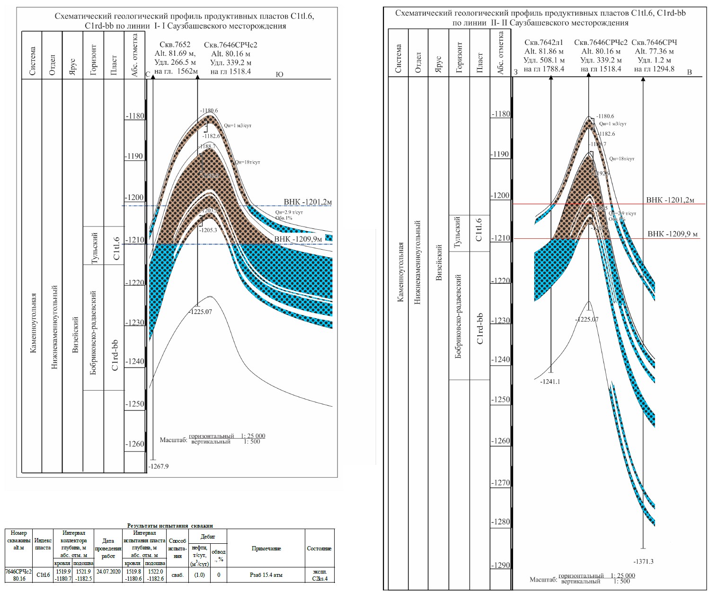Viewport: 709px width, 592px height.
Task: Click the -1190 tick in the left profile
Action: pyautogui.click(x=134, y=156)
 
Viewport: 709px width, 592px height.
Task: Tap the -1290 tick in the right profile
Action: pyautogui.click(x=501, y=565)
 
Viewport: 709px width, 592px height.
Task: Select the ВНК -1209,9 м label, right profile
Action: pyautogui.click(x=673, y=234)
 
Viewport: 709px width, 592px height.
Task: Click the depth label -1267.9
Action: pyautogui.click(x=159, y=466)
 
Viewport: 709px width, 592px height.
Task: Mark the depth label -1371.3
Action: pyautogui.click(x=643, y=561)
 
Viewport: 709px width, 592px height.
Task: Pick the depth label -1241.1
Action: pyautogui.click(x=550, y=382)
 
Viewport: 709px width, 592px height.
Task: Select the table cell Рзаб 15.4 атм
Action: pyautogui.click(x=266, y=575)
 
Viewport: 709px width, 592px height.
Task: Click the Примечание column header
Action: pyautogui.click(x=266, y=548)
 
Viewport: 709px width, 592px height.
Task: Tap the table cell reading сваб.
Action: pyautogui.click(x=177, y=575)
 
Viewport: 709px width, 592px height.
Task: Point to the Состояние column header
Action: pyautogui.click(x=319, y=548)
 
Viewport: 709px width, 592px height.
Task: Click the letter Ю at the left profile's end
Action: pyautogui.click(x=279, y=74)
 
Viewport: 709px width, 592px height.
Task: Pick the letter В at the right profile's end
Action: pyautogui.click(x=689, y=72)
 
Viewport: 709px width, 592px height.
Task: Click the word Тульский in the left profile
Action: pyautogui.click(x=95, y=248)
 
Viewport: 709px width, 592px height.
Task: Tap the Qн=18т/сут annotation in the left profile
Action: pyautogui.click(x=248, y=162)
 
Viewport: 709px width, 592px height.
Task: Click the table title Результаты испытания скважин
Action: pyautogui.click(x=170, y=525)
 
